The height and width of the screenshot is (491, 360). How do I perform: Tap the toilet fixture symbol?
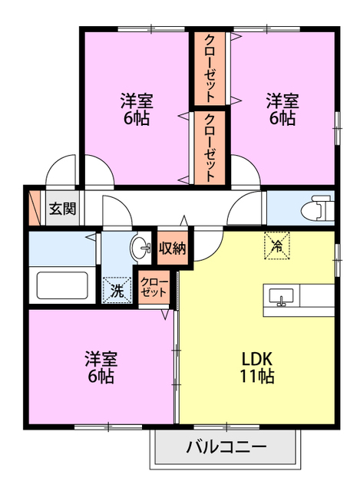coord(322,207)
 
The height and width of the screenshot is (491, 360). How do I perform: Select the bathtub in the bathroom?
coord(64,285)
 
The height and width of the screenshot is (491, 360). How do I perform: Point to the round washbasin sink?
coord(141,249)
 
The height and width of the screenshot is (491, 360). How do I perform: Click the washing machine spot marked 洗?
coord(117,291)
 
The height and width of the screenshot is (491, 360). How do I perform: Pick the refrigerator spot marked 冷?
coord(276,245)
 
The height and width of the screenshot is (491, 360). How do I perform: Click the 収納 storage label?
coord(172,249)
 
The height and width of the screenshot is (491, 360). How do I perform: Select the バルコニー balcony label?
coord(225,447)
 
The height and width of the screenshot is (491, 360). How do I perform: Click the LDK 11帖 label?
coord(258,367)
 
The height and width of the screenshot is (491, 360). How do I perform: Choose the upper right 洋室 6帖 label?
coord(282,109)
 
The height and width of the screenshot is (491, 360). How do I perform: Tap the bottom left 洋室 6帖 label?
coord(100,367)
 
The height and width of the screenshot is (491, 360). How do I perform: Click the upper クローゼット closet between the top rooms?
coord(210,69)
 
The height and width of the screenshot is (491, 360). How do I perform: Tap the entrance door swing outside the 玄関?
coord(60,171)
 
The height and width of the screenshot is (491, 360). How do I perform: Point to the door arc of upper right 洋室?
coord(246,170)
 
